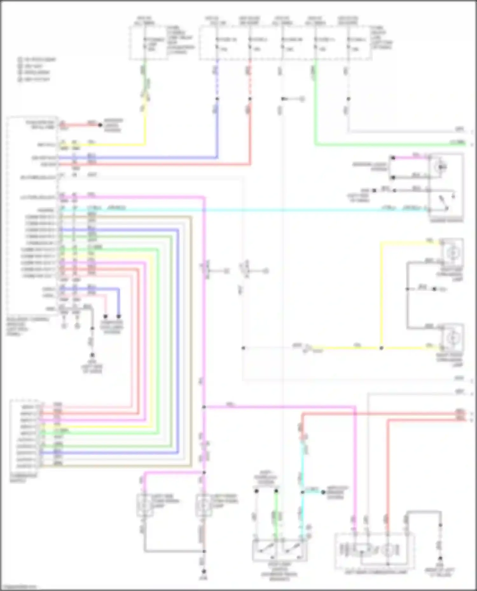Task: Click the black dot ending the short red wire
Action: (100, 125)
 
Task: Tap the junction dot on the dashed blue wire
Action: (218, 99)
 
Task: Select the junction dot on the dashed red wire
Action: (250, 99)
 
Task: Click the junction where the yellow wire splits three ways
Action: (381, 348)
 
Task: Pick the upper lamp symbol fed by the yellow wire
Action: (452, 253)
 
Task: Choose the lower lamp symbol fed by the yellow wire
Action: (452, 339)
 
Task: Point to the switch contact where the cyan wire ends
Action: (446, 208)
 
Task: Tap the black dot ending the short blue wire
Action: (119, 316)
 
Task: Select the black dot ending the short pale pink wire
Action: (106, 316)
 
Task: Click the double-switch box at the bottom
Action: (280, 550)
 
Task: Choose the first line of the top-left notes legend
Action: (37, 59)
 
